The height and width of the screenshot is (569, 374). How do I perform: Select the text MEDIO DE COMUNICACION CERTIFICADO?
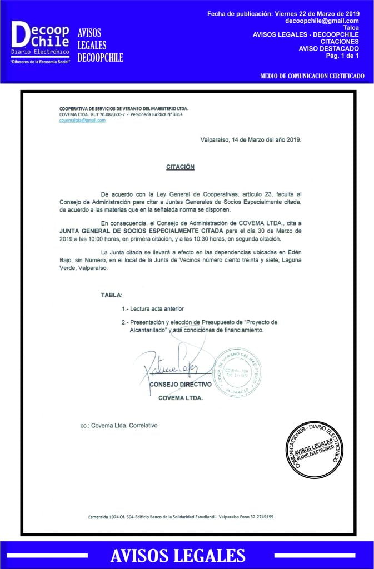click(312, 75)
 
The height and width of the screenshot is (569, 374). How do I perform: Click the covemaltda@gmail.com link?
click(82, 120)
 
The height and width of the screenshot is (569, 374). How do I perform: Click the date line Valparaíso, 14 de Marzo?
click(251, 140)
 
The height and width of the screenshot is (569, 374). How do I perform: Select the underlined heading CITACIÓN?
click(180, 167)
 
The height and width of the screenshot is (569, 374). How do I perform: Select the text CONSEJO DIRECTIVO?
click(180, 384)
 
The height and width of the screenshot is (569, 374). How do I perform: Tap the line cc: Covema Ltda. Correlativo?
click(119, 425)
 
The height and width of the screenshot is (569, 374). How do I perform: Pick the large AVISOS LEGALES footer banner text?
click(178, 555)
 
